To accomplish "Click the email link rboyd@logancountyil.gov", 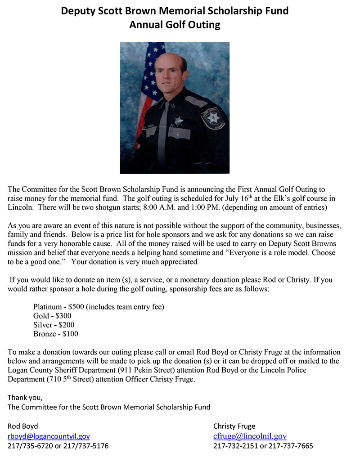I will point(49,436).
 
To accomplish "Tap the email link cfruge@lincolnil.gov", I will point(250,436).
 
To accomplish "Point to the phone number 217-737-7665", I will point(292,446).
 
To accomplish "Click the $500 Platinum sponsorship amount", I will point(76,307).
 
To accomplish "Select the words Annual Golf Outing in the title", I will point(175,24).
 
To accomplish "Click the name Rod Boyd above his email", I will point(23,426).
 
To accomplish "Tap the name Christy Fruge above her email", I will point(234,426).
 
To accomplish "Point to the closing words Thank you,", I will point(25,398).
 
